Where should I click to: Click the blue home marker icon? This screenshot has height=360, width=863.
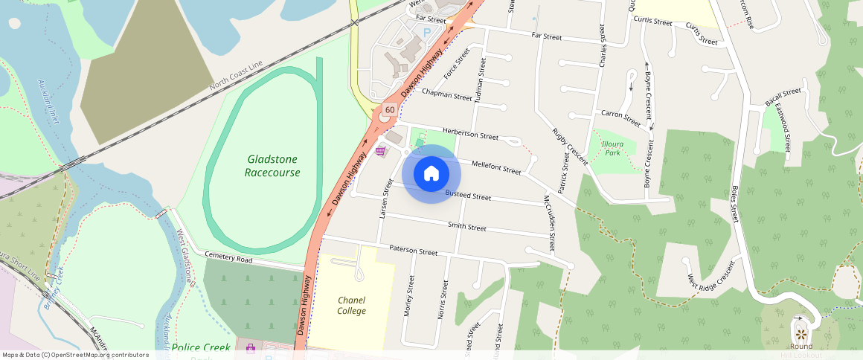point(431,174)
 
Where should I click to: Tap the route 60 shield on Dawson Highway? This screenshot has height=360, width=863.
point(389,110)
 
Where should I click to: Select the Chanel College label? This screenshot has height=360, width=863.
point(351,305)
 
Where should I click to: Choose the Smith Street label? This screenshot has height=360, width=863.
point(466,226)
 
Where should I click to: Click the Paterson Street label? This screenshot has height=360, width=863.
point(413,251)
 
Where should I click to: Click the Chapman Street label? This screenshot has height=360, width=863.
point(446,94)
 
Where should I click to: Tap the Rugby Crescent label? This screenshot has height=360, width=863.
point(570,146)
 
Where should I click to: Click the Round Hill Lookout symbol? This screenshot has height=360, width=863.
point(801,332)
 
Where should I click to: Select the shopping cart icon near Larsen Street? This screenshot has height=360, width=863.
point(381,152)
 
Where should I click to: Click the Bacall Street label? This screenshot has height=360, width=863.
point(783,97)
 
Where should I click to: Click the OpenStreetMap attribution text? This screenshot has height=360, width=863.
point(75,355)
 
